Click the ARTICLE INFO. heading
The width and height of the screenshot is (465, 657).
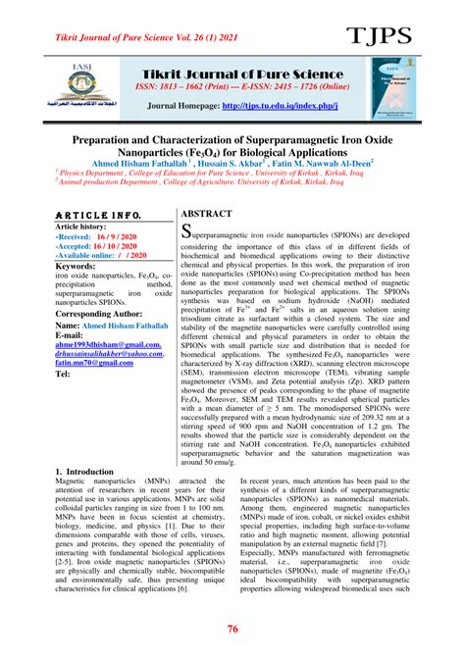coord(99,215)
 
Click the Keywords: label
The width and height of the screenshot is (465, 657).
coord(82,266)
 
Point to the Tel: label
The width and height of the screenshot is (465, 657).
coord(64,375)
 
